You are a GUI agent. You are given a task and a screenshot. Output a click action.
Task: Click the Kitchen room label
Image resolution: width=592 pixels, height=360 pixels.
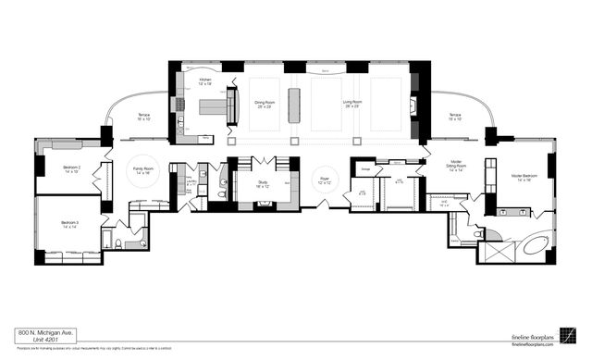click(x=205, y=81)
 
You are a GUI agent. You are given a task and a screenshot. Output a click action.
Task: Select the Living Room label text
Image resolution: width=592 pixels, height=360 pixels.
click(x=352, y=105)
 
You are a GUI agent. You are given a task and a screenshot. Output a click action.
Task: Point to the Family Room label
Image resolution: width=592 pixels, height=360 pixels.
click(x=143, y=170)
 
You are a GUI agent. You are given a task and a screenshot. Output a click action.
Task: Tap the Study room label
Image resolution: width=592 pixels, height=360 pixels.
click(x=263, y=184)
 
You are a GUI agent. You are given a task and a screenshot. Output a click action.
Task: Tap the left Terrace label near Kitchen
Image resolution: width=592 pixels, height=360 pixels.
click(x=144, y=118)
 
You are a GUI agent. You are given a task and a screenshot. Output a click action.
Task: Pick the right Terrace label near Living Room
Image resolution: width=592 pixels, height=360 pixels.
click(x=454, y=118)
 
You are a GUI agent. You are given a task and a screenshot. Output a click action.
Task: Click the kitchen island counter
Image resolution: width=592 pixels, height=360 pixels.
click(x=214, y=107)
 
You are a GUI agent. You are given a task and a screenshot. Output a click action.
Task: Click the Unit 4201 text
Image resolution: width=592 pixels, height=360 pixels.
click(x=35, y=340)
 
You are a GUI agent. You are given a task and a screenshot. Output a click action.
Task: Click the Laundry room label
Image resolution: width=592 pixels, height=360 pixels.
click(x=190, y=183)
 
